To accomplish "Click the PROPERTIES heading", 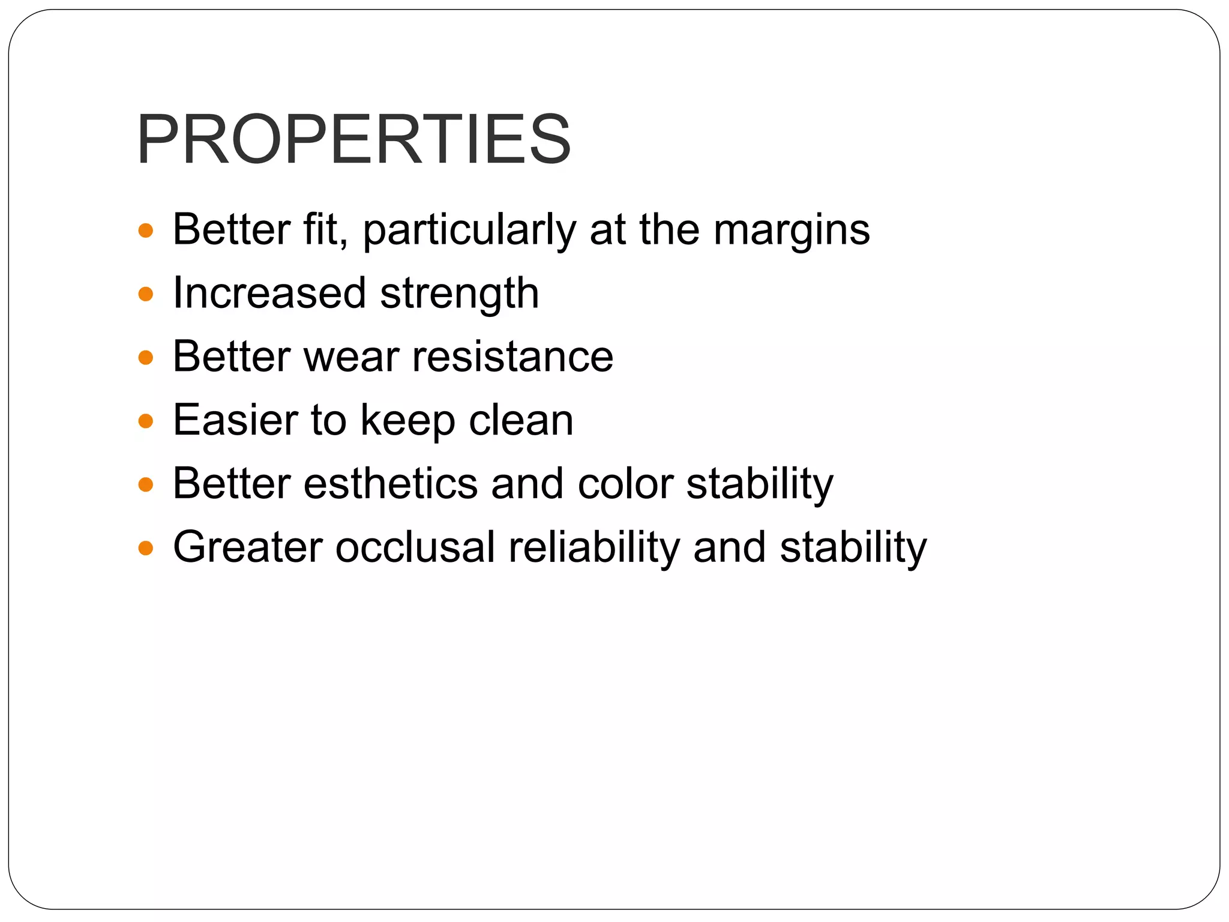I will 354,139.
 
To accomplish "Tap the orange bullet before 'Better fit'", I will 146,230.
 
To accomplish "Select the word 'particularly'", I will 469,230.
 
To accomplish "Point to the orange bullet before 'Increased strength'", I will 146,294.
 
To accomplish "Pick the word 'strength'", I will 460,294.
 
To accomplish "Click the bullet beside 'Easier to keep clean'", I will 146,421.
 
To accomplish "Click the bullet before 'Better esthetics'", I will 146,484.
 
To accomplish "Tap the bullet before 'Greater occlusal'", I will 146,548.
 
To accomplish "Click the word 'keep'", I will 407,421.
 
